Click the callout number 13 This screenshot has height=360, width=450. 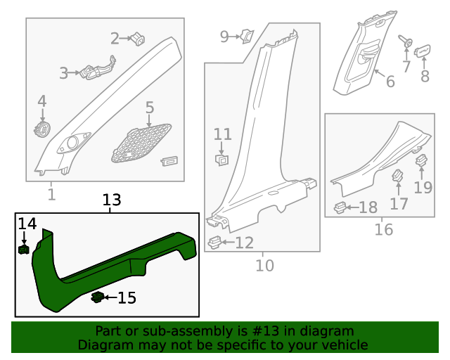tap(112, 200)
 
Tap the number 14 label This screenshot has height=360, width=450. tap(27, 224)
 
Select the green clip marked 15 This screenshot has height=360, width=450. tap(98, 297)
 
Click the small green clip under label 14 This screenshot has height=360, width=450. tap(23, 248)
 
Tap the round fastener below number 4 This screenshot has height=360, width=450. tap(43, 129)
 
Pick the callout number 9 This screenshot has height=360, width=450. tap(224, 36)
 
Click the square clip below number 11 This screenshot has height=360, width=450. tap(221, 160)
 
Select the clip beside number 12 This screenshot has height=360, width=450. tap(216, 243)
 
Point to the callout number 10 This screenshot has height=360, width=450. tap(264, 265)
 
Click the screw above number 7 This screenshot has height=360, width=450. tap(406, 41)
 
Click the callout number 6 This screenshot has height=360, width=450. tap(390, 82)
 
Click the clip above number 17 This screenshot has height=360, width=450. tap(397, 176)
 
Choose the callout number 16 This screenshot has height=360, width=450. tap(383, 229)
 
